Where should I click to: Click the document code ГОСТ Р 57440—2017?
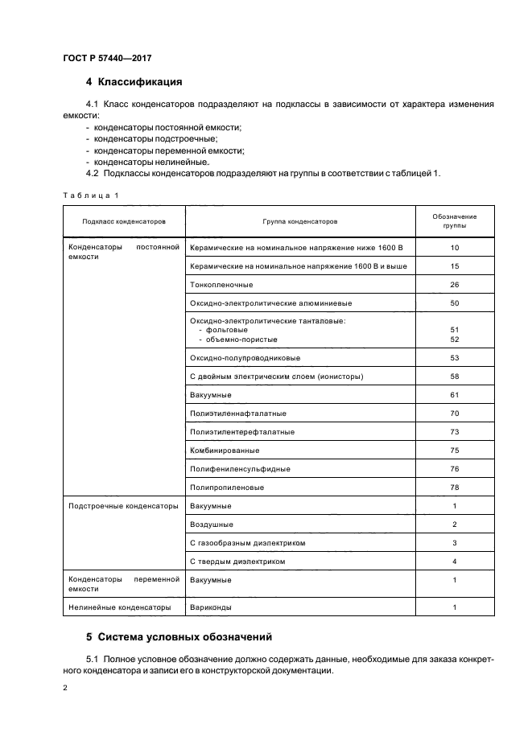tap(106, 58)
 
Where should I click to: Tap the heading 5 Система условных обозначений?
tap(179, 636)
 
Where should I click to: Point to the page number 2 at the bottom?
tap(65, 689)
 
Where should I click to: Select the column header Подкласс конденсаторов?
tap(123, 220)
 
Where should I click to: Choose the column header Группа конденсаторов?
tap(299, 220)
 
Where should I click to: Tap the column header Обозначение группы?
tap(454, 221)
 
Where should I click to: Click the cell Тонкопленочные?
tap(221, 285)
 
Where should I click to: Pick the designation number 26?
tap(454, 285)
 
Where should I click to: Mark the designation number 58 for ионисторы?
tap(454, 376)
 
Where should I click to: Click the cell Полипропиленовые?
tap(227, 488)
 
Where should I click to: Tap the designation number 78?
tap(454, 488)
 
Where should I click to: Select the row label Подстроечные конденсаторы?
tap(123, 506)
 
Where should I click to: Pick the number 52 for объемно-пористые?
tap(454, 339)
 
